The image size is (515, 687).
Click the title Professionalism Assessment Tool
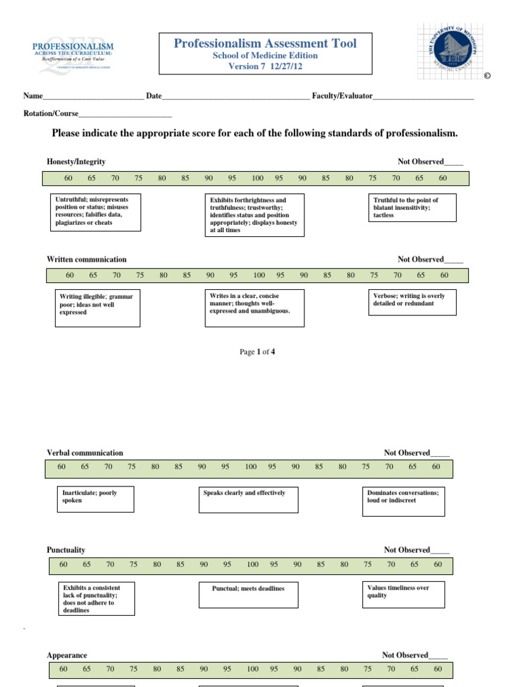coord(265,44)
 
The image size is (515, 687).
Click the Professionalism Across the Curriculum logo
coord(73,54)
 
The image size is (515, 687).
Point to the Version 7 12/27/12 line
coord(265,66)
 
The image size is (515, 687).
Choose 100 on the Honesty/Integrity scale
coord(257,178)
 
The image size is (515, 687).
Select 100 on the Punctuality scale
coord(252,565)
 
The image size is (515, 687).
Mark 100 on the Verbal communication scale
coord(250,467)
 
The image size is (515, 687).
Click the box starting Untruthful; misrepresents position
coord(96,212)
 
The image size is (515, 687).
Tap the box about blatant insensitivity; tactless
coord(413,208)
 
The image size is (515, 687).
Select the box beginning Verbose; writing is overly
coord(413,303)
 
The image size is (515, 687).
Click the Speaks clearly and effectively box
coord(249,500)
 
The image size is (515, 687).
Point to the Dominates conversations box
coord(403,501)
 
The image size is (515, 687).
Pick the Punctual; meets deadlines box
coord(249,594)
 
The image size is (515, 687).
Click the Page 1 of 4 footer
coord(257,352)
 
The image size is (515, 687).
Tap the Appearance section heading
coord(67,655)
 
